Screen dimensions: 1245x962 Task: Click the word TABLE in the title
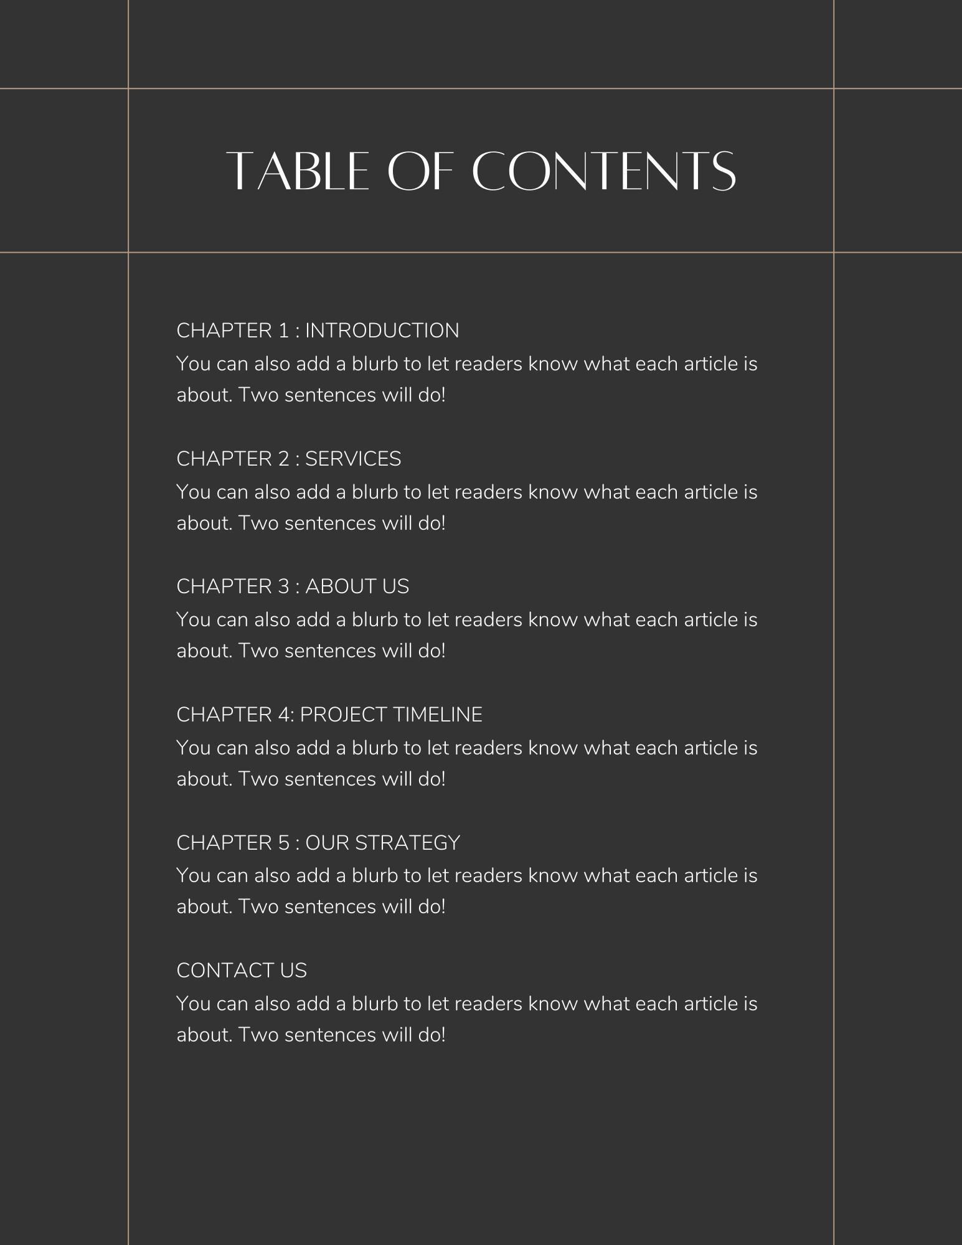[x=298, y=171]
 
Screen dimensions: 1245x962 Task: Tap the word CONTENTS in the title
[x=604, y=171]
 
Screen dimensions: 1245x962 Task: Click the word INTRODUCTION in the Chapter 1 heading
[x=382, y=331]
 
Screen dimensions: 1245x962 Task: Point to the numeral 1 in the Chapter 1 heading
[x=284, y=331]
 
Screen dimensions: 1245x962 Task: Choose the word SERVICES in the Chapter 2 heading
[x=353, y=459]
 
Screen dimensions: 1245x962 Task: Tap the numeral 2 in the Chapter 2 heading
[x=284, y=459]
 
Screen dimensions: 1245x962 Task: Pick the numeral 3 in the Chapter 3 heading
[x=284, y=586]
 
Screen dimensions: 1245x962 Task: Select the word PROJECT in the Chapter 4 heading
[x=344, y=715]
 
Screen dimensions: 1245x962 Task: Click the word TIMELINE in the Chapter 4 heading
[x=438, y=715]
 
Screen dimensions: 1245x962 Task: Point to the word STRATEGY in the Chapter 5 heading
[x=407, y=843]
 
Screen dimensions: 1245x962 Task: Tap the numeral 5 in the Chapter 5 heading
[x=284, y=843]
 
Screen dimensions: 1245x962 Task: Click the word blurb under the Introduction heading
[x=375, y=364]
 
